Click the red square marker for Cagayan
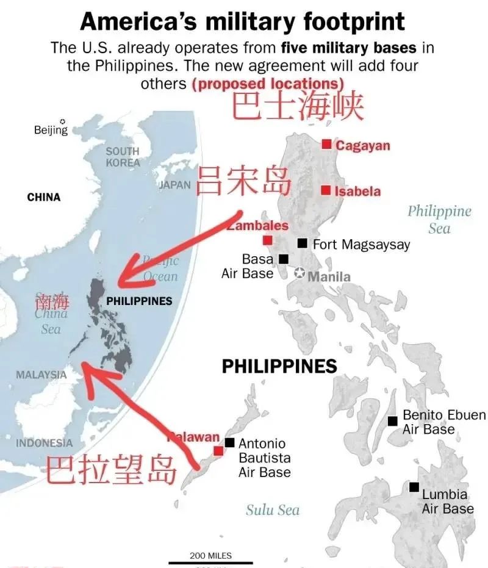click(x=327, y=144)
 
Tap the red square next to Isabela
click(x=326, y=190)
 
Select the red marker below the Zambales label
click(x=267, y=240)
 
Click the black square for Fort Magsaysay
click(x=302, y=243)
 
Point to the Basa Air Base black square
click(x=284, y=259)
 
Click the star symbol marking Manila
click(x=300, y=273)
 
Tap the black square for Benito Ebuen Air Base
click(x=393, y=421)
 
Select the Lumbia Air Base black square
click(x=414, y=487)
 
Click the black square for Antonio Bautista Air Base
click(x=229, y=442)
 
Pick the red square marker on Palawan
click(x=218, y=451)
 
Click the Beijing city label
click(x=51, y=130)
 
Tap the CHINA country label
click(x=44, y=197)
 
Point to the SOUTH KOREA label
click(x=123, y=157)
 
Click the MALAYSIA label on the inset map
click(x=41, y=375)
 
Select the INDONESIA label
click(x=44, y=443)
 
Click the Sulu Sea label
click(x=273, y=509)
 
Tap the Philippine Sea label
click(x=439, y=220)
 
